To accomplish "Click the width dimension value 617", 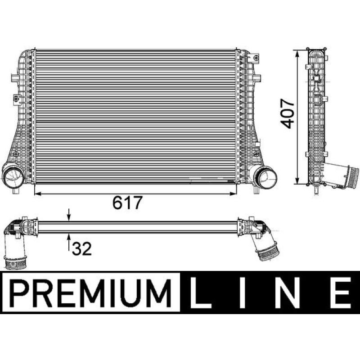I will point(130,203).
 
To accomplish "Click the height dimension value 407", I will point(287,114).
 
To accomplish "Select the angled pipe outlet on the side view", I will point(344,175).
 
